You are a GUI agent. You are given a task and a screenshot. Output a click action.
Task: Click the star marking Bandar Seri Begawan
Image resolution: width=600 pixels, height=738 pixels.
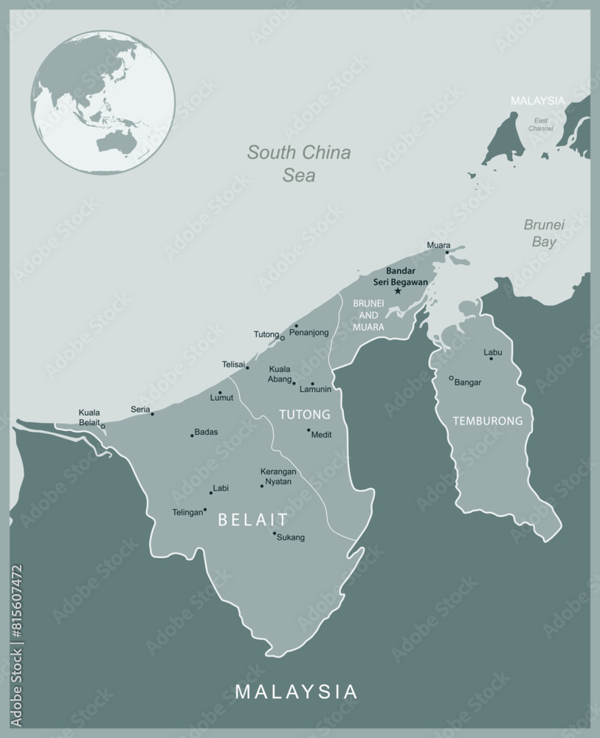[398, 291]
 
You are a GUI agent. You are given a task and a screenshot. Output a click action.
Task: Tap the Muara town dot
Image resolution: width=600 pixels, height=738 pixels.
[446, 252]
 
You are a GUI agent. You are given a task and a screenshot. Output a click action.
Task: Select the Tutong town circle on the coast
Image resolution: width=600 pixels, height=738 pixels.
[283, 338]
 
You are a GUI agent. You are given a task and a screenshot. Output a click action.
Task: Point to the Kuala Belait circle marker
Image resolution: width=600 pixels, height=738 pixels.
[103, 426]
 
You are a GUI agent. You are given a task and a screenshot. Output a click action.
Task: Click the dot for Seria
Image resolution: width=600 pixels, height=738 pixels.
[153, 413]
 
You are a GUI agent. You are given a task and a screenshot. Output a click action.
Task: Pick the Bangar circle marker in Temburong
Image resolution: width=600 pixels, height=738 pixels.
[451, 378]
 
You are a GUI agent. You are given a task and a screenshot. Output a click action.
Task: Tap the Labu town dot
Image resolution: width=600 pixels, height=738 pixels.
[492, 359]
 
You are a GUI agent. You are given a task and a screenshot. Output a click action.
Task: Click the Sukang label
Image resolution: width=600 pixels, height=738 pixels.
[290, 537]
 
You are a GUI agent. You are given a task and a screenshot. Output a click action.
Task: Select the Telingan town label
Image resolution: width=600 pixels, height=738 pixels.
[187, 512]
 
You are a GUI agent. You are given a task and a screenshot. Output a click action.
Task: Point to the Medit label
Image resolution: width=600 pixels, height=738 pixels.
[322, 435]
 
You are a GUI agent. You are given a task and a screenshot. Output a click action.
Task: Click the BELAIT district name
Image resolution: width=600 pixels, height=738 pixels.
[252, 520]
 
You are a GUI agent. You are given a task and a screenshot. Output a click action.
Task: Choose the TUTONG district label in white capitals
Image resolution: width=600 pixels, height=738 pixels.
[304, 414]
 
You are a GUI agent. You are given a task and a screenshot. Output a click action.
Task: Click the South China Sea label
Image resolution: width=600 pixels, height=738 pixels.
[299, 164]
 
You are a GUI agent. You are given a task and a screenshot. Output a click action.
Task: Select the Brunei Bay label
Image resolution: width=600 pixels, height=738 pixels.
[544, 232]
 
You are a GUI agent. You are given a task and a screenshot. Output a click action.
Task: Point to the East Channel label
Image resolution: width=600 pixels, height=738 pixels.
[541, 124]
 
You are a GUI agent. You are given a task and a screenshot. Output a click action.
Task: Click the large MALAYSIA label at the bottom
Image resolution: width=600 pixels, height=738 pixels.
[296, 692]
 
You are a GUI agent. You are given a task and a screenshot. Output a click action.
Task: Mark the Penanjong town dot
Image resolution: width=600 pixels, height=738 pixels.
[297, 325]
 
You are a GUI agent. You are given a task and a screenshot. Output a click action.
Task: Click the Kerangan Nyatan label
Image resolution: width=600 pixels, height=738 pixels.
[278, 476]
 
